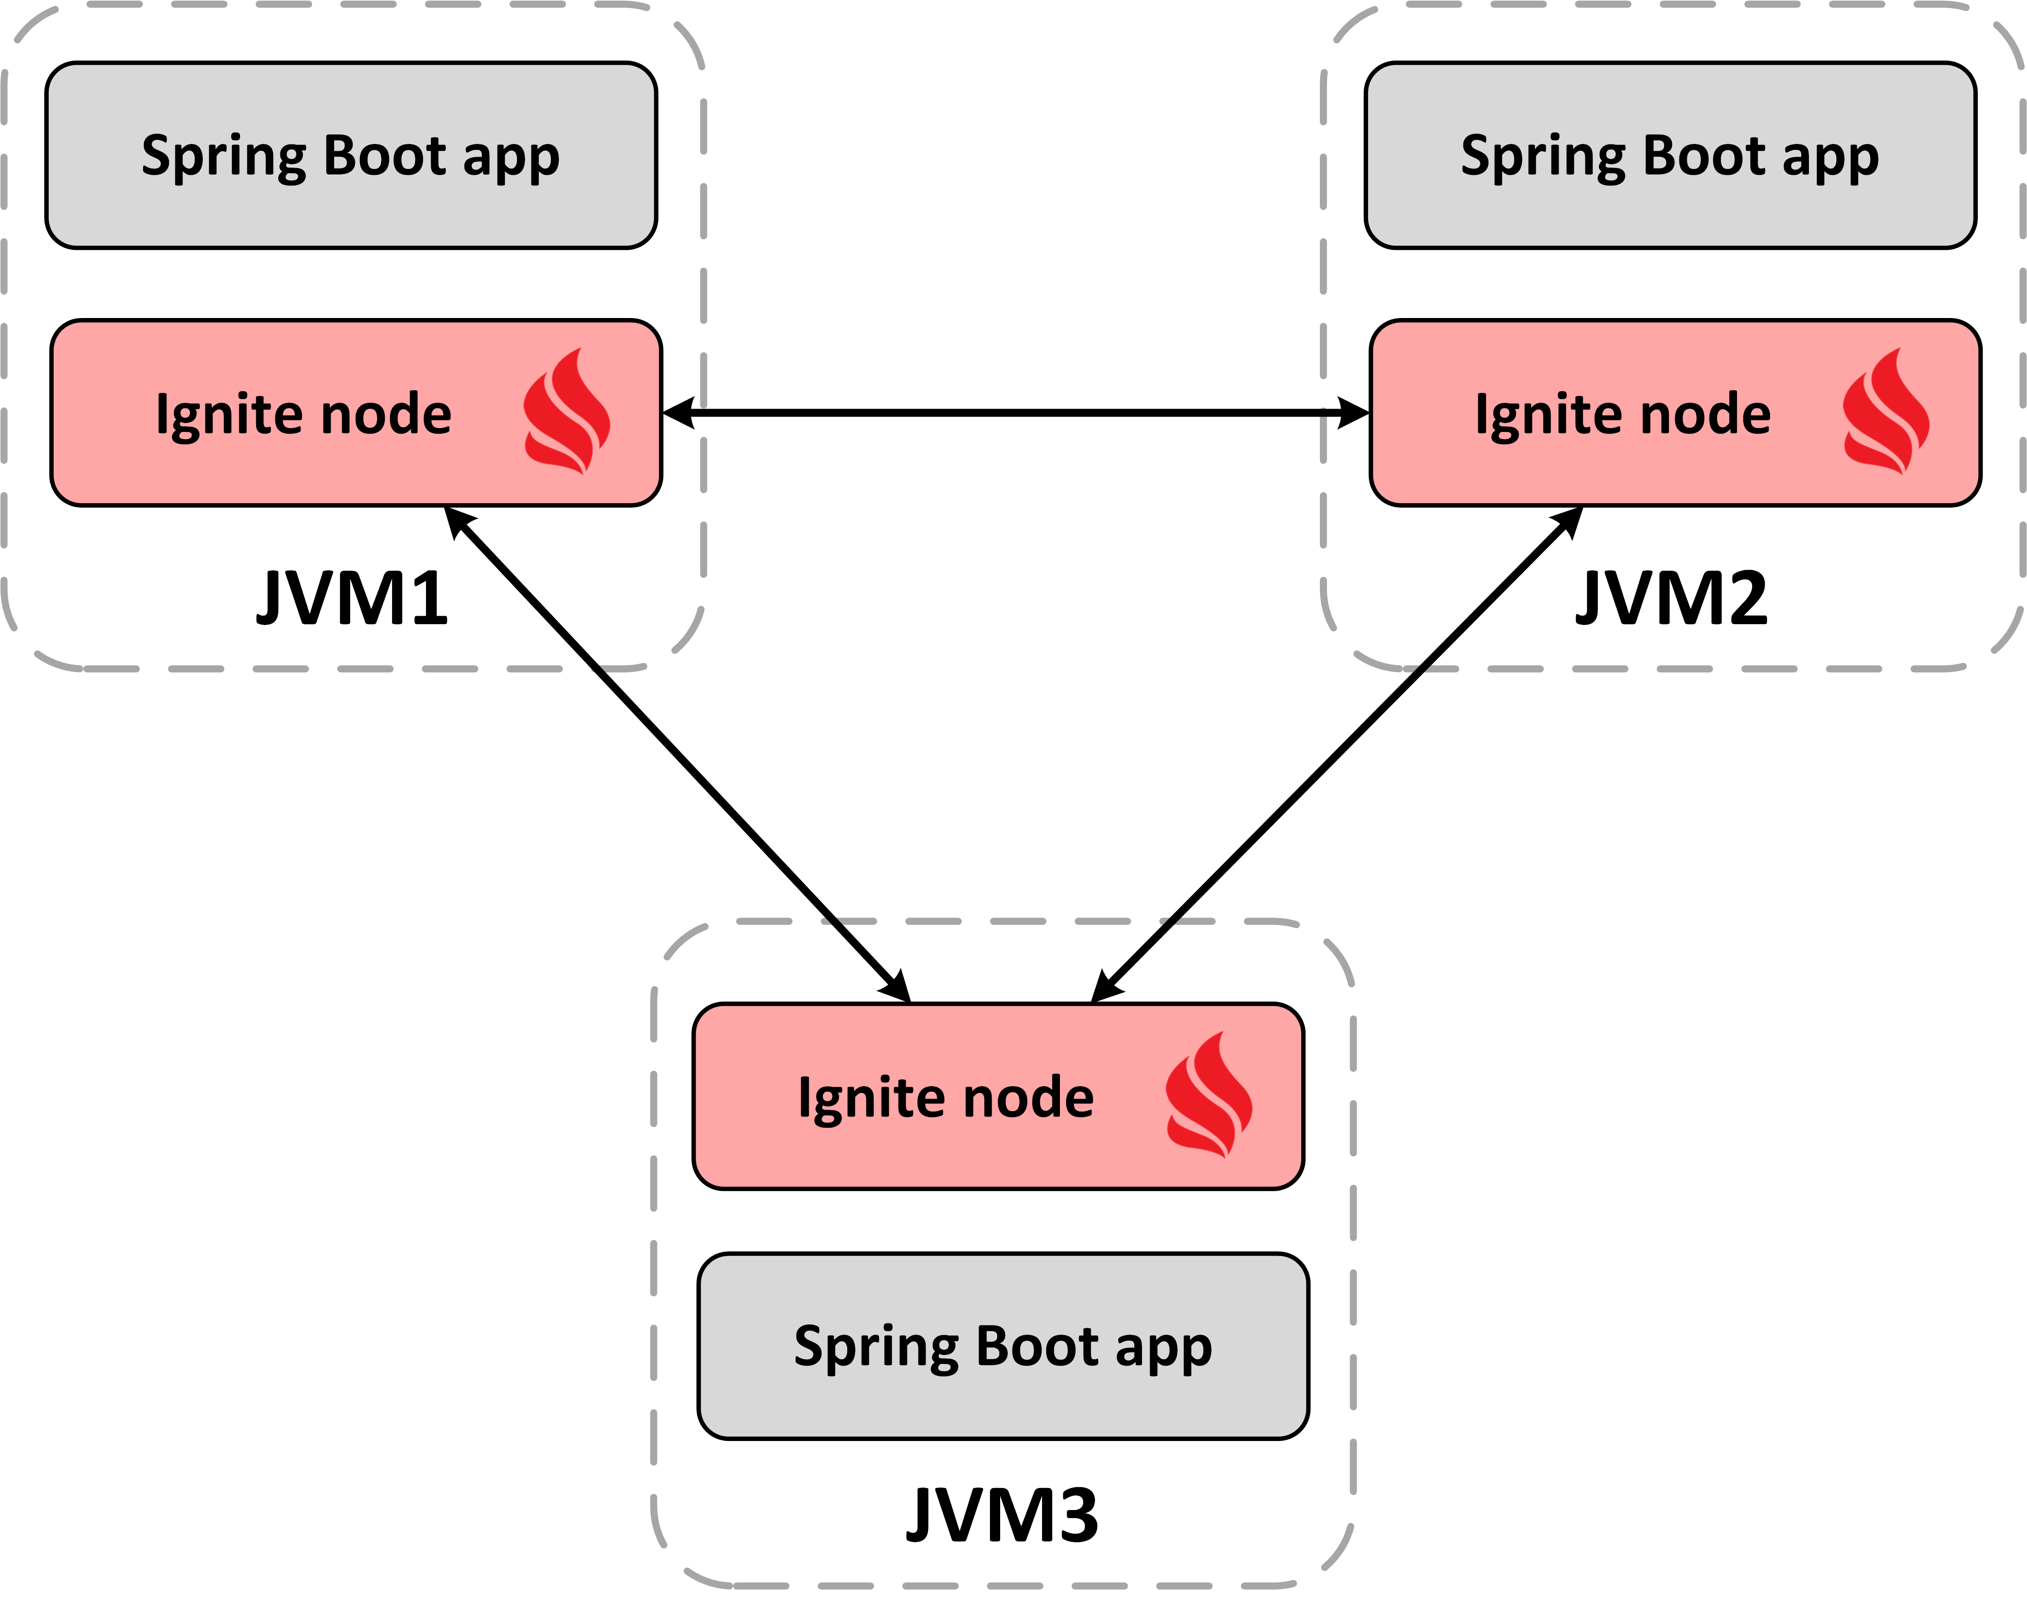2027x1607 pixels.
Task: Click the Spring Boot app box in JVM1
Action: click(351, 155)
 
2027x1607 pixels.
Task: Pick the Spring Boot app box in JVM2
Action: click(1670, 155)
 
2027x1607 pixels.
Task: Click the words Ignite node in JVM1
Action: click(304, 414)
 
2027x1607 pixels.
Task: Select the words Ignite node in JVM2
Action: click(1623, 414)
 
